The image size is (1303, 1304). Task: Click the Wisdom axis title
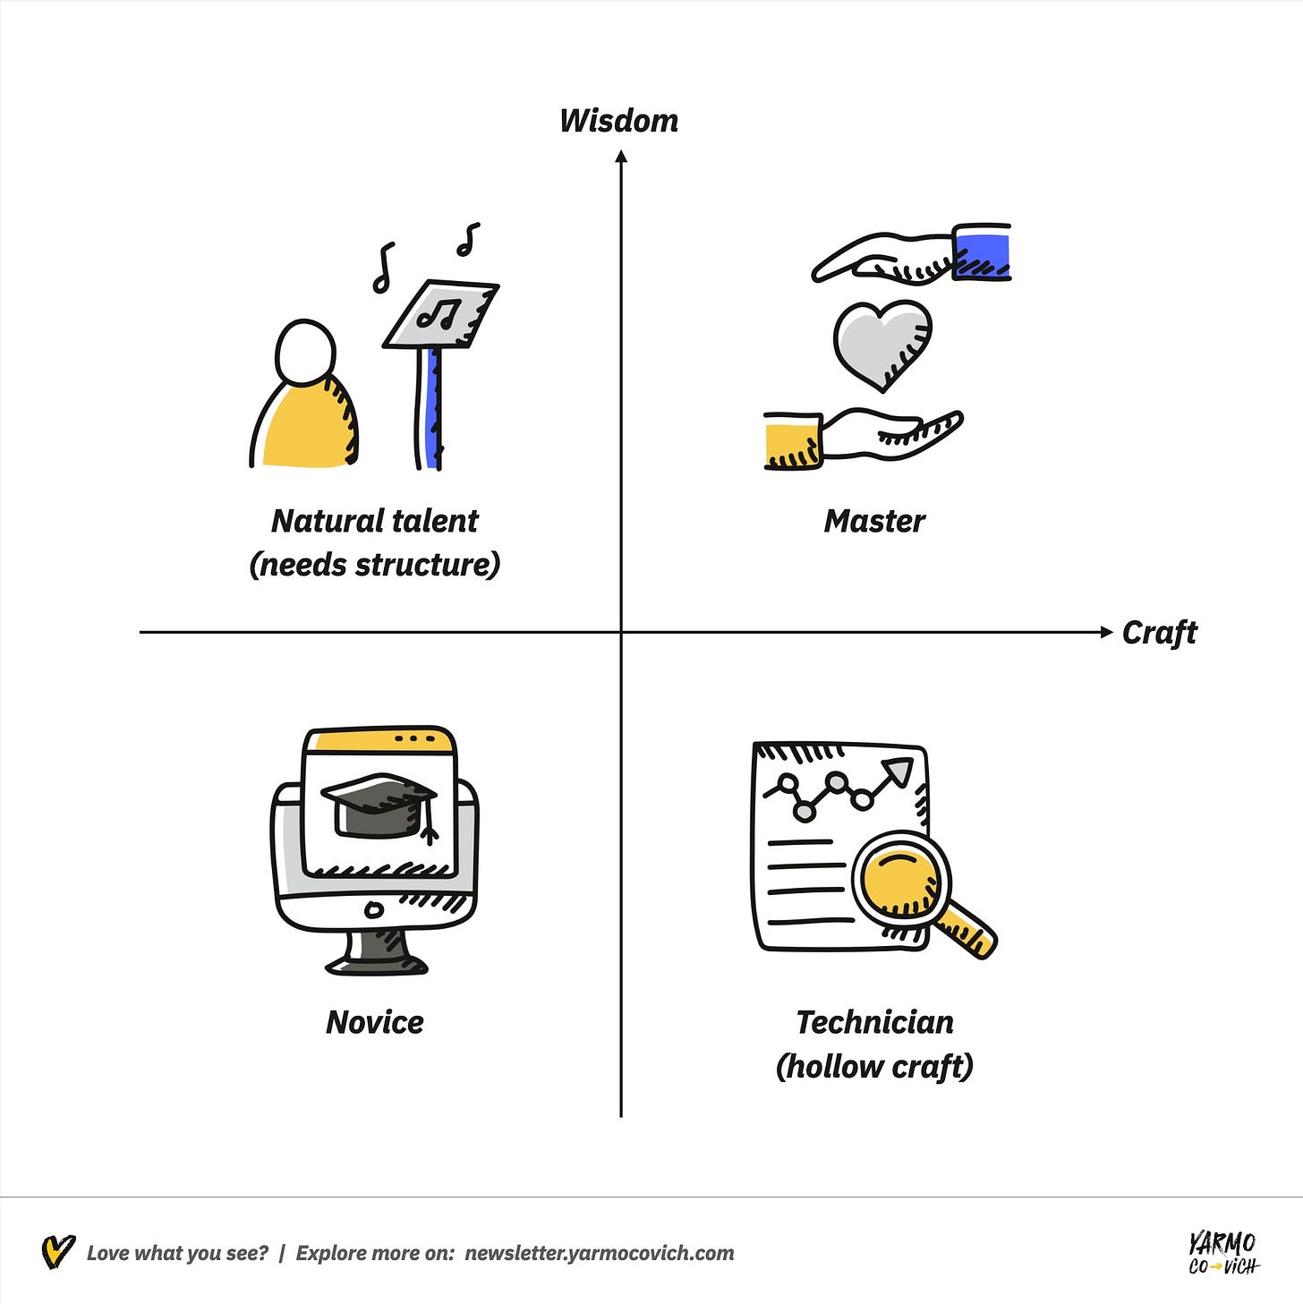(618, 121)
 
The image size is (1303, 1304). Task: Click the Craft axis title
(1159, 633)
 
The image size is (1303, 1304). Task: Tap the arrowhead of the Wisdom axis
(621, 158)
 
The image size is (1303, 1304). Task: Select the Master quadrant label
(874, 521)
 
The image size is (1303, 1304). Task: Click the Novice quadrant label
(374, 1022)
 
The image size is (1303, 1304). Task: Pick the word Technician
(874, 1022)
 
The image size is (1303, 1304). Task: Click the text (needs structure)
(374, 565)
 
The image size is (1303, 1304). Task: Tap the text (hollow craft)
(874, 1067)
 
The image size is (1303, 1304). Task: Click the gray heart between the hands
(881, 343)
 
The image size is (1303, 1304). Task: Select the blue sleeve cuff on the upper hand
(982, 252)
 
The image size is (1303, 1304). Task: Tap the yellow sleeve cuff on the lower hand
(792, 440)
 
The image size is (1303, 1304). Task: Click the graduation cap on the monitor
(379, 805)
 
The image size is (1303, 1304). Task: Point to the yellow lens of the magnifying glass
(899, 878)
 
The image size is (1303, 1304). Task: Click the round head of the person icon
(306, 353)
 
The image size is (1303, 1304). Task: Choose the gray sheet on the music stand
(441, 313)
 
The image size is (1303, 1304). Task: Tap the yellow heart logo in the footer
(58, 1251)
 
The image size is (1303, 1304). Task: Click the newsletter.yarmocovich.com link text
(599, 1253)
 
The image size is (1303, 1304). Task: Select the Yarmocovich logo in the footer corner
(1222, 1252)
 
